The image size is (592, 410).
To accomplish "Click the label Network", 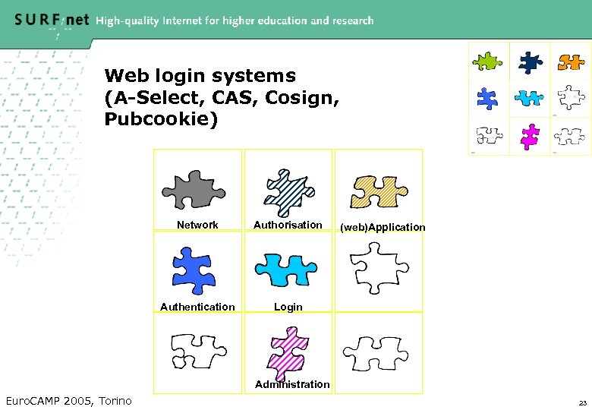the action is point(197,225).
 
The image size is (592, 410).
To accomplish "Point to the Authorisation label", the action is point(288,225).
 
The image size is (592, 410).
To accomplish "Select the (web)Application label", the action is point(383,227).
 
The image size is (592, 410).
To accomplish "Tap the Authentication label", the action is point(197,307).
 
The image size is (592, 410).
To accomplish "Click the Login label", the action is point(288,307).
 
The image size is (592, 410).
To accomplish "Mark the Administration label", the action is point(292,384).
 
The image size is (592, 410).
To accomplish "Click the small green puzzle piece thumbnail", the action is point(488,60).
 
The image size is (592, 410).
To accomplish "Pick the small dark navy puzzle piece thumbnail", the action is point(529,60).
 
